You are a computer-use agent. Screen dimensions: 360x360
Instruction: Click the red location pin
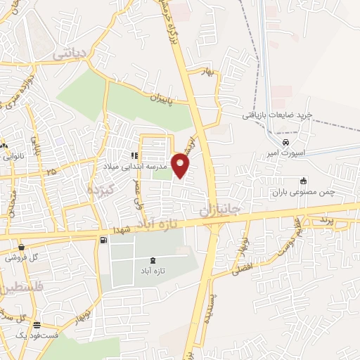coord(181,165)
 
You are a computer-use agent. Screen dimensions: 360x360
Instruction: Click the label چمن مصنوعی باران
coord(302,191)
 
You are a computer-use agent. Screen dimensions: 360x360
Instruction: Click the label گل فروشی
coord(21,258)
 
